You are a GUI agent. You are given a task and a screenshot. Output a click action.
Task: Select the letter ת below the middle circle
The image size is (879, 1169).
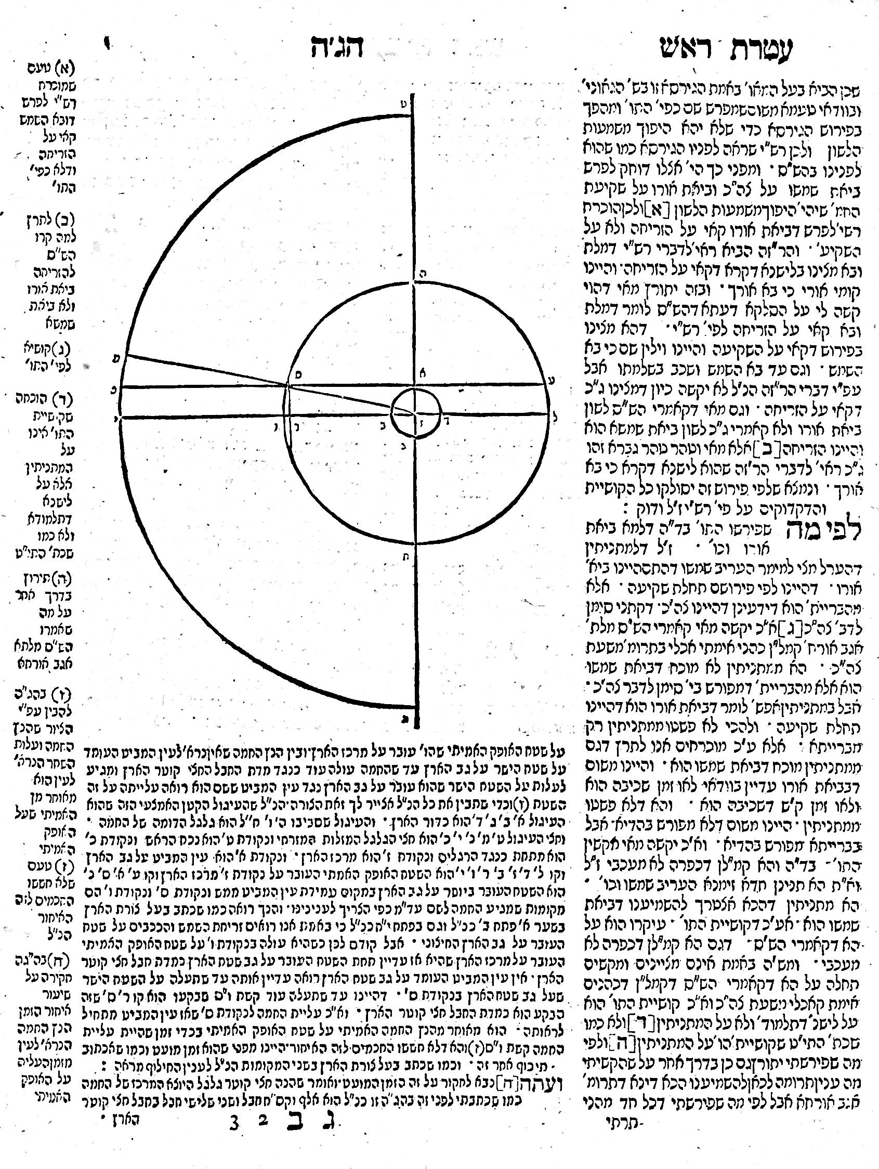[x=422, y=555]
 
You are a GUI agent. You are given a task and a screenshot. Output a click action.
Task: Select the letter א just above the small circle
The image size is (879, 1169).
[x=422, y=372]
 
